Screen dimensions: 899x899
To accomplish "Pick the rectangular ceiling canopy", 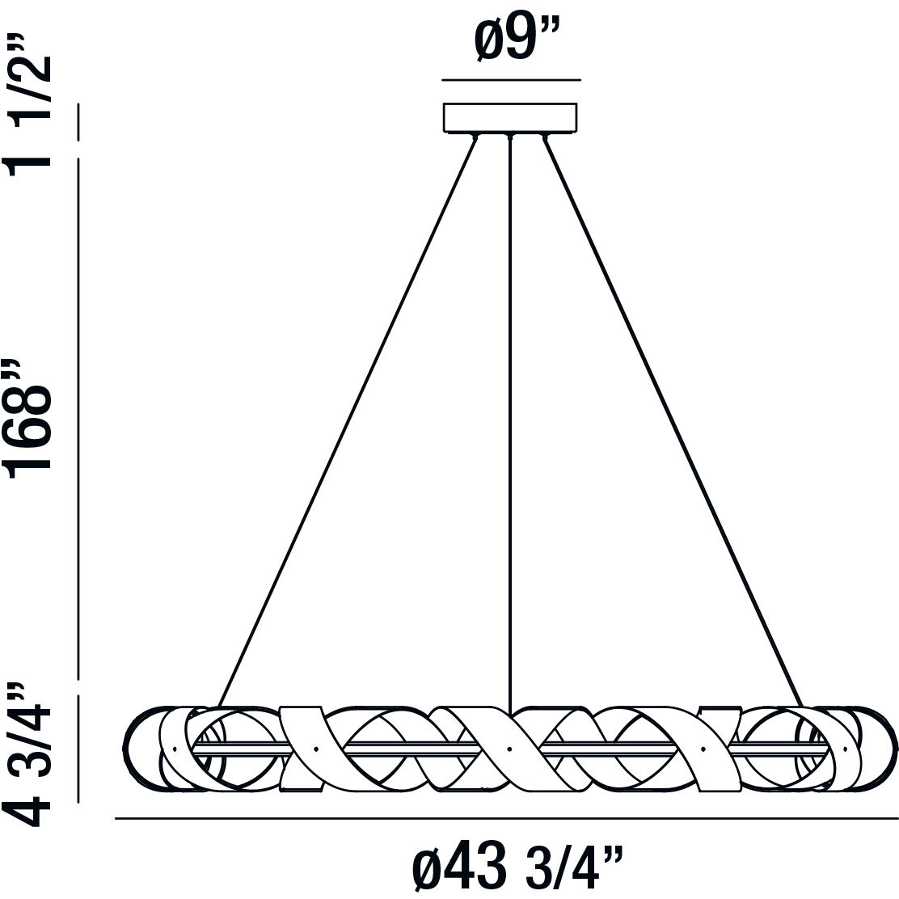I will click(x=509, y=117).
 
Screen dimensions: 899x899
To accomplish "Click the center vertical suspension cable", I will click(x=509, y=404).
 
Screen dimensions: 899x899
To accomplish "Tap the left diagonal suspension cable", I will click(x=348, y=420).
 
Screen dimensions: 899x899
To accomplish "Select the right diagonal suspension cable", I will click(x=671, y=420).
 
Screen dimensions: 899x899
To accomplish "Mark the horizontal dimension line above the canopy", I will click(x=511, y=80).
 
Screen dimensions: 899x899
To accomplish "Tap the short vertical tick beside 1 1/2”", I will click(x=78, y=122).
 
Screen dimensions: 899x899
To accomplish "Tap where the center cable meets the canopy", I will click(x=509, y=135).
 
